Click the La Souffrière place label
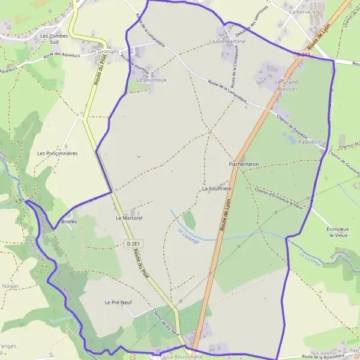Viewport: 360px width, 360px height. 217,188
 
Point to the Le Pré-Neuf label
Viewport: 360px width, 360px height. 118,302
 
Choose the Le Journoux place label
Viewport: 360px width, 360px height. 152,79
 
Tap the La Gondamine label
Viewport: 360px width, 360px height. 224,41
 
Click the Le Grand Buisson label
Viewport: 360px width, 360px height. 287,85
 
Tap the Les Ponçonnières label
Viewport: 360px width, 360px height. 58,153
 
